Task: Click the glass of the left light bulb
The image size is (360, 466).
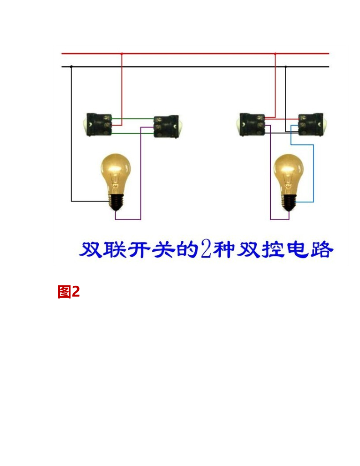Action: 115,171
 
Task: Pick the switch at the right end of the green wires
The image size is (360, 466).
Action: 166,126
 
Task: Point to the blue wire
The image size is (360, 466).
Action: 313,173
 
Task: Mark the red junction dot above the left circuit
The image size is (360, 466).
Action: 122,54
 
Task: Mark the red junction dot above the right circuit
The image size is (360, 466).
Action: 275,54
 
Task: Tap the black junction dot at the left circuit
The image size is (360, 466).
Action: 71,67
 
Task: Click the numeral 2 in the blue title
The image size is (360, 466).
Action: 205,250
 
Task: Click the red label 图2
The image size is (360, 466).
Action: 69,292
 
